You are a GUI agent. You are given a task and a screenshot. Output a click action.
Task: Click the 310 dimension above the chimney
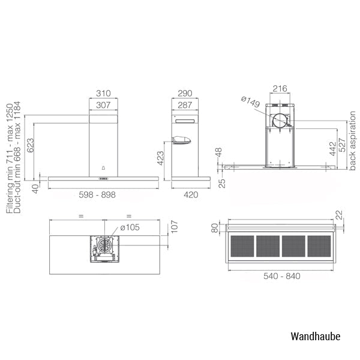[103, 94]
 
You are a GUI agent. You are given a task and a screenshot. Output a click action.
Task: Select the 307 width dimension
[103, 105]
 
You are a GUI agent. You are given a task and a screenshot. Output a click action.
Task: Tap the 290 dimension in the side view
[185, 94]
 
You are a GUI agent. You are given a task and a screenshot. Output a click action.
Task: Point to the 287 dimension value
[185, 105]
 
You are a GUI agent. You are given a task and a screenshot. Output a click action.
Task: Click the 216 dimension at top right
[280, 88]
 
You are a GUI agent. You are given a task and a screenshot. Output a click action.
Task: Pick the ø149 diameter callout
[250, 102]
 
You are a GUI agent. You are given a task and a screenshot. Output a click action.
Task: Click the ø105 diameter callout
[130, 227]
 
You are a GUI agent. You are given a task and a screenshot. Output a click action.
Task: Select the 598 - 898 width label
[97, 195]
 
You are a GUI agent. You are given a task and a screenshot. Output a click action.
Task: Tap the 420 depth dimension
[191, 195]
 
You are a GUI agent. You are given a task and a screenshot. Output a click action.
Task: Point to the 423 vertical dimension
[160, 158]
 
